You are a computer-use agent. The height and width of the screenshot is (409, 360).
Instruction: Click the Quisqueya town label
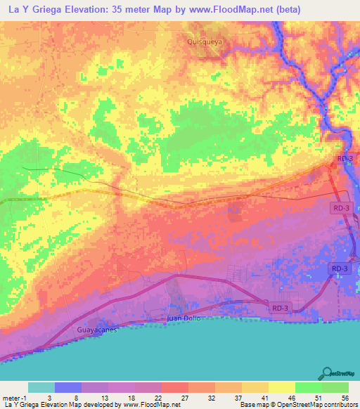[x=205, y=41]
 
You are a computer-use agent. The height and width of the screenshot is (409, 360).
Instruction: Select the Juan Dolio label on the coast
[x=184, y=318]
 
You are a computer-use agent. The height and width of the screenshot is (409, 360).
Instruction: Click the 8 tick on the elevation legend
[x=67, y=396]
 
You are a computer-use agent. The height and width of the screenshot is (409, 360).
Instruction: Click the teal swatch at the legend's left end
[x=41, y=387]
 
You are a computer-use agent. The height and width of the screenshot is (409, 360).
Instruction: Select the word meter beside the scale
[x=13, y=396]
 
